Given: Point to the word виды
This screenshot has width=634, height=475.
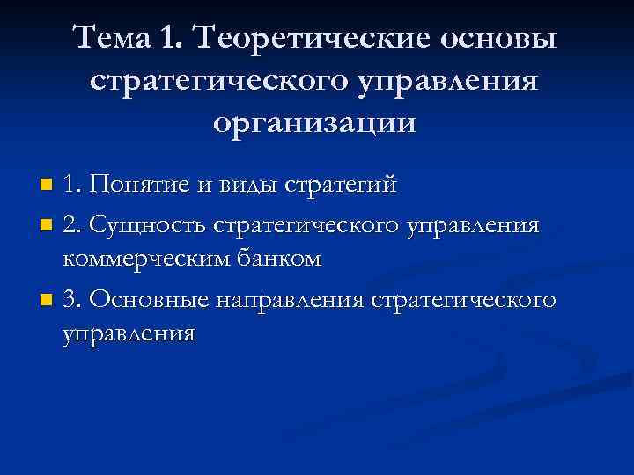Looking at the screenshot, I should click(x=248, y=186).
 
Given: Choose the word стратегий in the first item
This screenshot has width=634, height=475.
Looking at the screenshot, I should click(x=340, y=186).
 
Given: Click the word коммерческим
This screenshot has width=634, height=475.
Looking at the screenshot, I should click(x=145, y=259).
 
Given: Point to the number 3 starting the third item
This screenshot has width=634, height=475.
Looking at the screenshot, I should click(x=72, y=300).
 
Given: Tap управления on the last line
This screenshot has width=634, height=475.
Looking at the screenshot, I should click(x=129, y=334).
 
